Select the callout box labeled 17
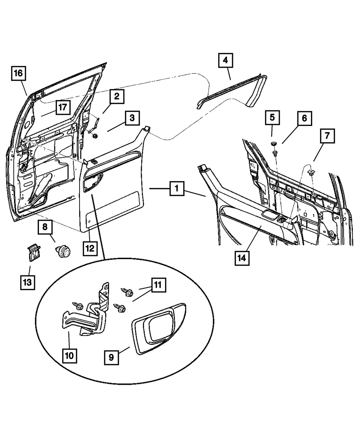[63, 107]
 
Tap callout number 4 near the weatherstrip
[225, 60]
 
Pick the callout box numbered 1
[177, 188]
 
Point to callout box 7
[327, 136]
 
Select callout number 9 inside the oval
[111, 357]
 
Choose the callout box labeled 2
[117, 97]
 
